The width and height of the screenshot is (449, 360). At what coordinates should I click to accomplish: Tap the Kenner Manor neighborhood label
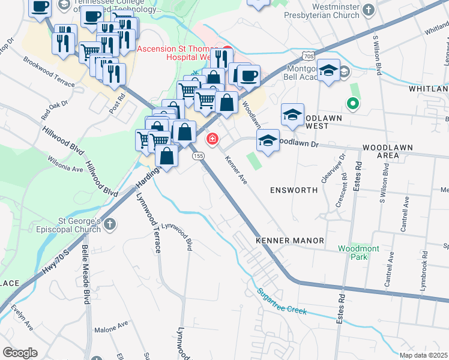pyautogui.click(x=290, y=240)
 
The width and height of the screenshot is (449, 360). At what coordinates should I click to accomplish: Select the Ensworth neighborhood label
pyautogui.click(x=294, y=190)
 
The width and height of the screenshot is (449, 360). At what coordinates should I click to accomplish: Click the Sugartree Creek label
pyautogui.click(x=282, y=302)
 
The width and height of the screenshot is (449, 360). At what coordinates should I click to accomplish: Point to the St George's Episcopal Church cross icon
pyautogui.click(x=109, y=224)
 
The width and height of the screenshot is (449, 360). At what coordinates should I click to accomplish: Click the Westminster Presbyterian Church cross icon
pyautogui.click(x=369, y=9)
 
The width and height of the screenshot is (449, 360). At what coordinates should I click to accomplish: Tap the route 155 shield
pyautogui.click(x=199, y=156)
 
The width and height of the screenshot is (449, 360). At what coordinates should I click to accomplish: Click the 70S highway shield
pyautogui.click(x=309, y=56)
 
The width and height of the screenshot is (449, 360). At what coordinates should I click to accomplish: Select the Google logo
pyautogui.click(x=20, y=353)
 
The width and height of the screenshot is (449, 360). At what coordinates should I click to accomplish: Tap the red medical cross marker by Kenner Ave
pyautogui.click(x=212, y=140)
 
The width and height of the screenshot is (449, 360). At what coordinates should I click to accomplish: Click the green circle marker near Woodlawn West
pyautogui.click(x=354, y=103)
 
